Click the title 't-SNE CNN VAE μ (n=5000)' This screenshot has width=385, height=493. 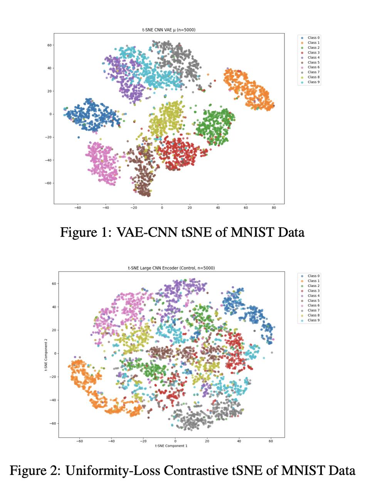coord(169,30)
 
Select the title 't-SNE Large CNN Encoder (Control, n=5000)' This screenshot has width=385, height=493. coord(171,268)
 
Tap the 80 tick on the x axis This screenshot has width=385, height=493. coord(274,208)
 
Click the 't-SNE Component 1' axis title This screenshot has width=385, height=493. coord(171,446)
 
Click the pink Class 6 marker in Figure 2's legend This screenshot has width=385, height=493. coord(302,305)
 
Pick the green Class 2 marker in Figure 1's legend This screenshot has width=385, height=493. coord(302,48)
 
